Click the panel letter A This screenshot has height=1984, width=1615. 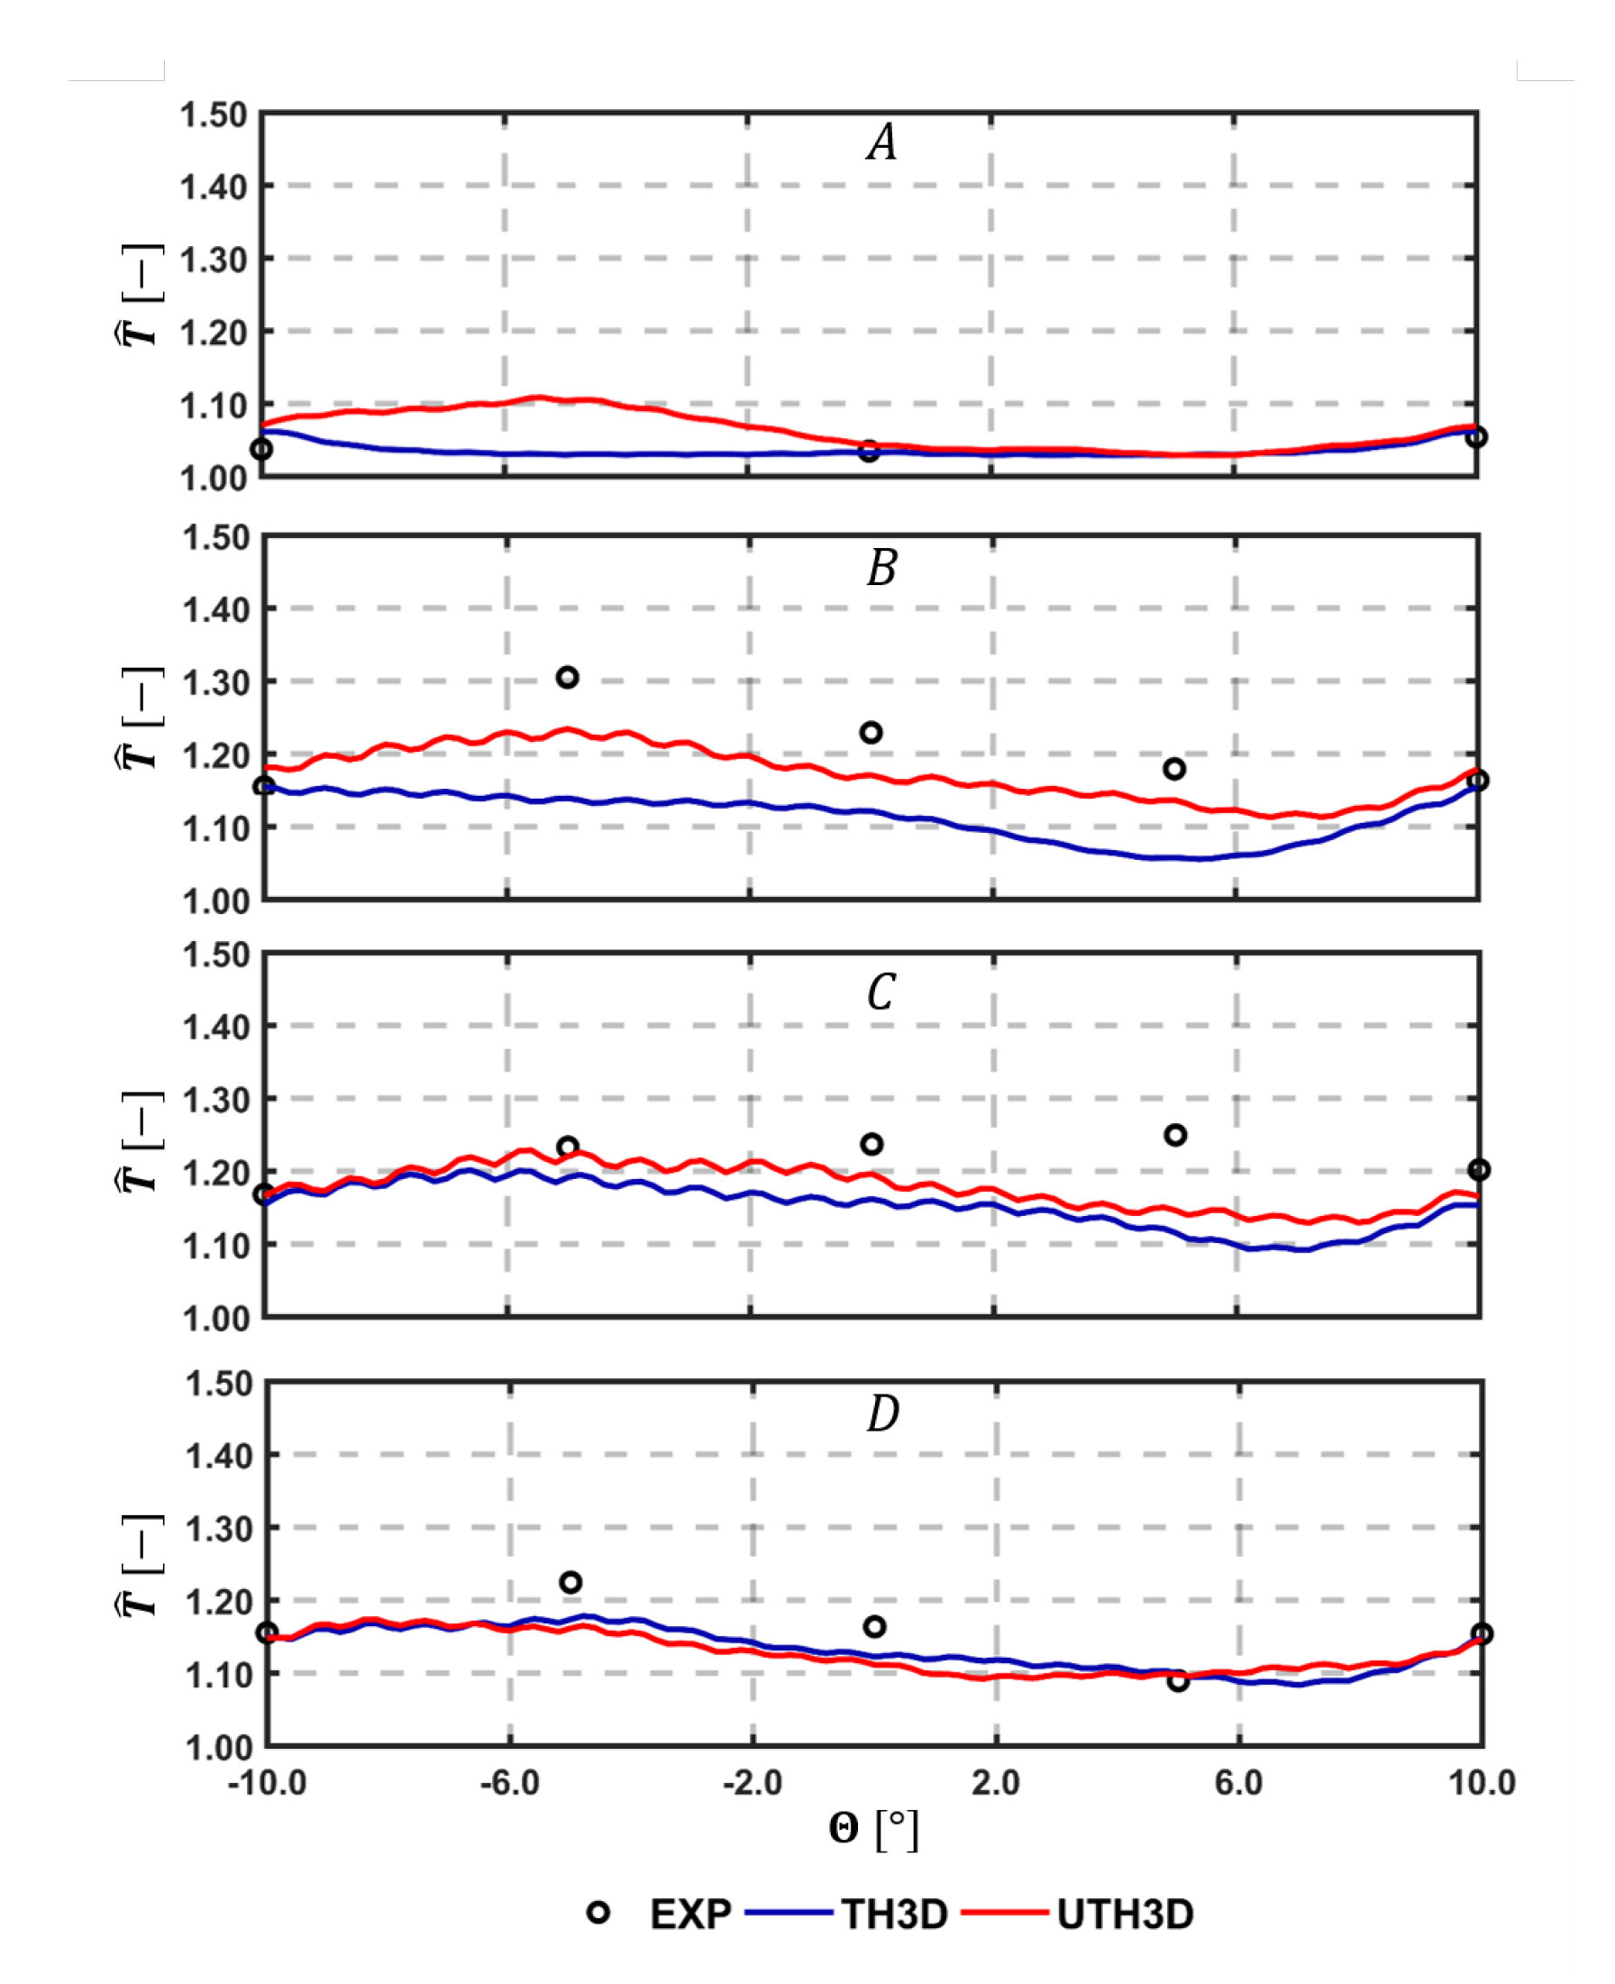[882, 143]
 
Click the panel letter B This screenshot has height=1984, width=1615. [882, 567]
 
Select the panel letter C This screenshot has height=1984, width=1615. [881, 991]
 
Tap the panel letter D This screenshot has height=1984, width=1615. [883, 1413]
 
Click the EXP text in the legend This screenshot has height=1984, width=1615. [690, 1915]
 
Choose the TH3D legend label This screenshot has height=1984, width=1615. [895, 1915]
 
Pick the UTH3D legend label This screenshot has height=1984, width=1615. [1125, 1915]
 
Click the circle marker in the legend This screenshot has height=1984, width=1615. [598, 1914]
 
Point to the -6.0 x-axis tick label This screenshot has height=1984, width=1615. [509, 1783]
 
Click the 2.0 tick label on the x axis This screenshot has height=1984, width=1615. [996, 1783]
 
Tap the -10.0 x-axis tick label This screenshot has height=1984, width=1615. [267, 1783]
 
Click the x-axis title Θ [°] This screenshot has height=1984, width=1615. [873, 1830]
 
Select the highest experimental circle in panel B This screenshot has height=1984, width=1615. [568, 678]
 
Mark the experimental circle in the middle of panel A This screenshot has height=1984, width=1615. [869, 452]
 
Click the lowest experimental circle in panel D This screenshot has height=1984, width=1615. [1178, 1681]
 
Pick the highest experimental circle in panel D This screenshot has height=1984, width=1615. [571, 1582]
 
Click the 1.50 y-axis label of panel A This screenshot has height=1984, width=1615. [213, 115]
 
